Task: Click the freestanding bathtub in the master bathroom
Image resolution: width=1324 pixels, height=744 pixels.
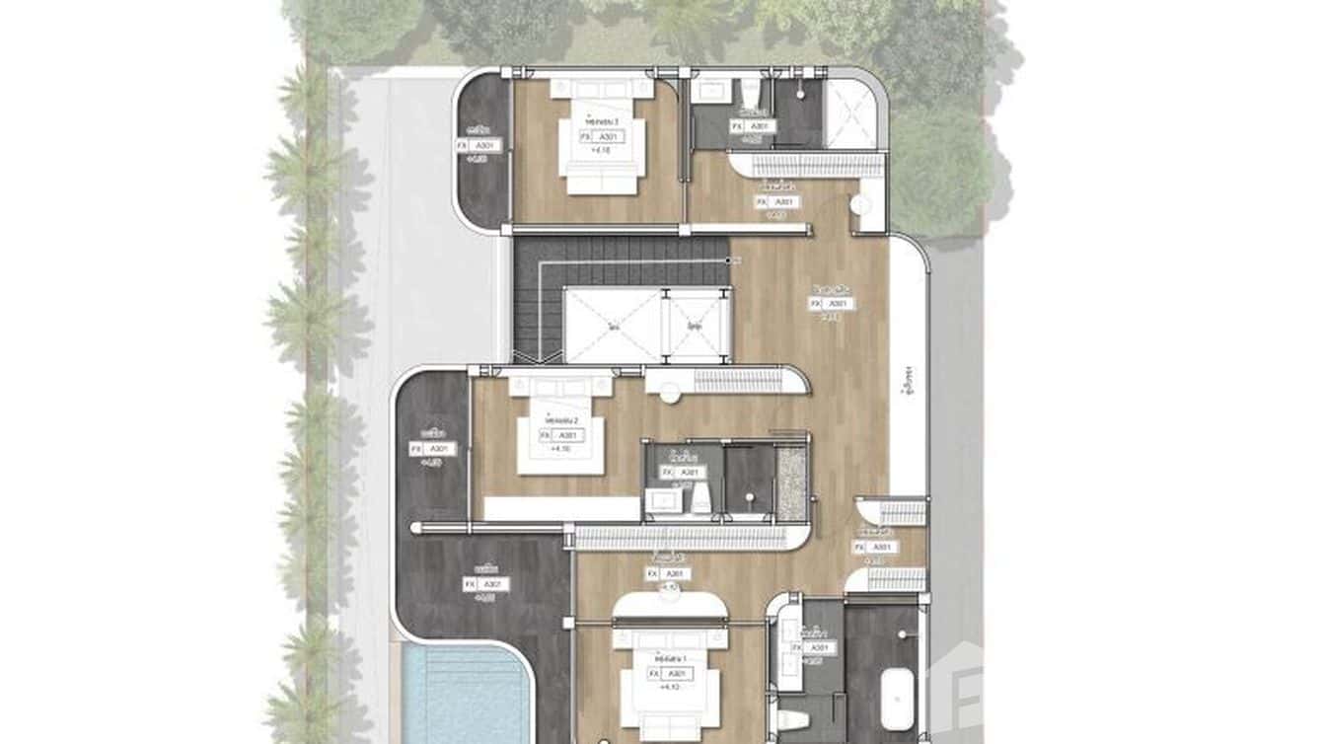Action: coord(897,698)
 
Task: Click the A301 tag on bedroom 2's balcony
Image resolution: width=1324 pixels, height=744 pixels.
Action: coord(440,449)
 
